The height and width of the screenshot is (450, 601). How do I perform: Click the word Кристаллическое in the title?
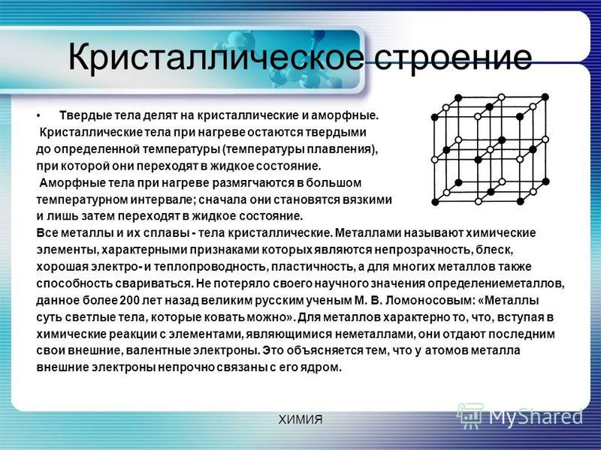tap(216, 58)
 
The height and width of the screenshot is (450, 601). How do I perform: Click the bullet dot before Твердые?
tap(38, 115)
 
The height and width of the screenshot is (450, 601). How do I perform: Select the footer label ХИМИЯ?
tap(300, 420)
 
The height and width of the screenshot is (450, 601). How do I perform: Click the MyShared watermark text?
tap(536, 417)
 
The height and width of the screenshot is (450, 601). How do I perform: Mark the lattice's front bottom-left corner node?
tap(435, 202)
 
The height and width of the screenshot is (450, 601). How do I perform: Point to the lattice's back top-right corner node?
tap(545, 97)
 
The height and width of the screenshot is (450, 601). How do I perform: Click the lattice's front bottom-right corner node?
tap(521, 201)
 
